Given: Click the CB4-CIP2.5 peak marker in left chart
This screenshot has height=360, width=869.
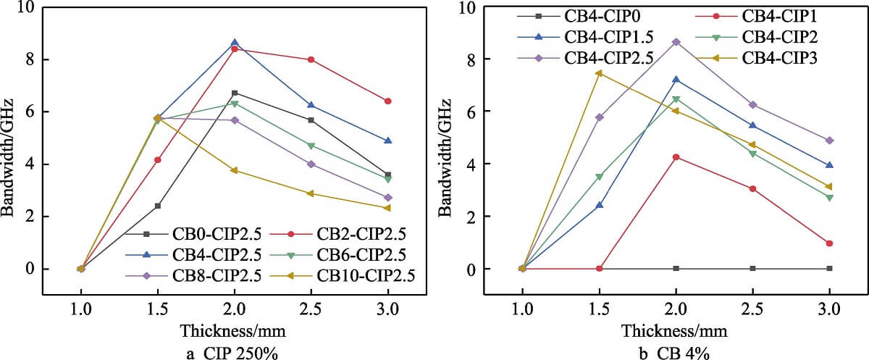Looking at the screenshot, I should [x=234, y=43].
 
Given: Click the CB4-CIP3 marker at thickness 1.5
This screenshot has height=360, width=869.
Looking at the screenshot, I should [x=599, y=73].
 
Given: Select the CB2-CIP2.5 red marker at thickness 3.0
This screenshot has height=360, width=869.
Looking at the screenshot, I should [x=387, y=101].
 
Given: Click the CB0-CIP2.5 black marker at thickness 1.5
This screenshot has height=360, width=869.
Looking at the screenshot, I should [x=157, y=206].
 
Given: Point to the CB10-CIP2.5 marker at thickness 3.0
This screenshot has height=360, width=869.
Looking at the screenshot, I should [x=387, y=208].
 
